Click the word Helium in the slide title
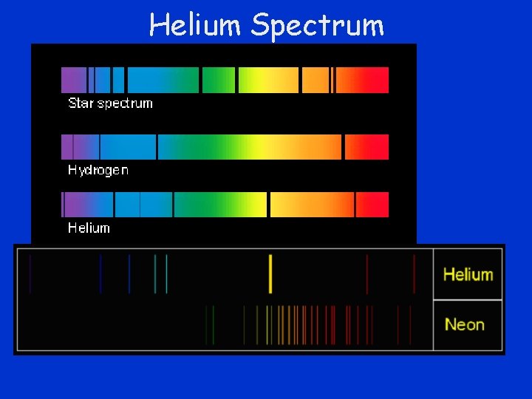pos(195,25)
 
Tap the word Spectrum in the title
pos(317,25)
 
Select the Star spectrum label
pos(110,103)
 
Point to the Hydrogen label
pos(98,170)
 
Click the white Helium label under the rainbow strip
pos(89,228)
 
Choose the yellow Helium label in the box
pos(468,274)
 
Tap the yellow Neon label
pos(465,324)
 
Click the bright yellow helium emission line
pos(270,273)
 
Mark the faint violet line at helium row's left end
pos(30,273)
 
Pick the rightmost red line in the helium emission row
pos(414,273)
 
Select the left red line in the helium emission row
pos(367,273)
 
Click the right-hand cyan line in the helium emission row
pos(166,273)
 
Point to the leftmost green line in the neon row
pos(207,324)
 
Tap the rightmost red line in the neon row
pos(410,324)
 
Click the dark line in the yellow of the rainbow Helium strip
pos(268,205)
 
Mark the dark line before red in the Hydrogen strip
pos(343,147)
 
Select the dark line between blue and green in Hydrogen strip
pos(157,147)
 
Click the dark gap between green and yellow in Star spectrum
pos(236,80)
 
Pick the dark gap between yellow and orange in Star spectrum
pos(300,80)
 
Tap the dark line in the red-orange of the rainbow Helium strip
pos(355,205)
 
